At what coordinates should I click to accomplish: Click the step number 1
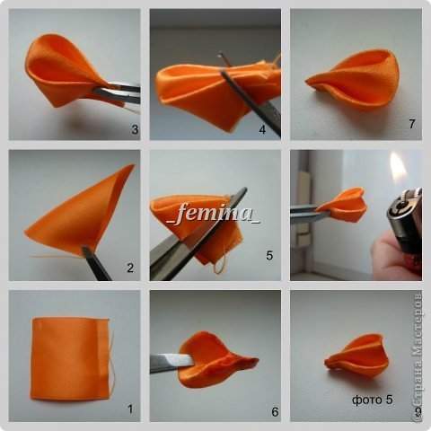[x=130, y=409]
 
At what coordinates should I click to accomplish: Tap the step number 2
[x=130, y=268]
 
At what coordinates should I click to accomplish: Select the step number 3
[x=135, y=129]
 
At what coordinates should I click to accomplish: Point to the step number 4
[x=262, y=129]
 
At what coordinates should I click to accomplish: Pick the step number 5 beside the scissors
[x=269, y=255]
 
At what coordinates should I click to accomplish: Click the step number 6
[x=275, y=412]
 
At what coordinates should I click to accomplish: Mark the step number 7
[x=412, y=124]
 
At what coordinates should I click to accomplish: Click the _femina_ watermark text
[x=213, y=213]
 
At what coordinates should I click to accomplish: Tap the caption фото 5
[x=373, y=400]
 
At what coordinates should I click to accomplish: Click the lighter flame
[x=398, y=167]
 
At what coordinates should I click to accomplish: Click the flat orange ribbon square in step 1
[x=70, y=359]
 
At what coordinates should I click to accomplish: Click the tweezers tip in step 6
[x=191, y=360]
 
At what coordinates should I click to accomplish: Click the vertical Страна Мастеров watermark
[x=418, y=356]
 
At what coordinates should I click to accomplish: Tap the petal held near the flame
[x=344, y=205]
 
